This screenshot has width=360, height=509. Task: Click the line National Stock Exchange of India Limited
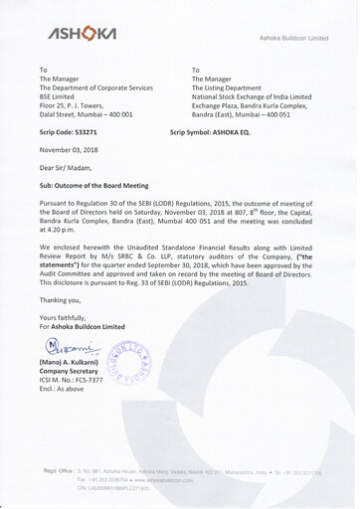click(266, 102)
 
